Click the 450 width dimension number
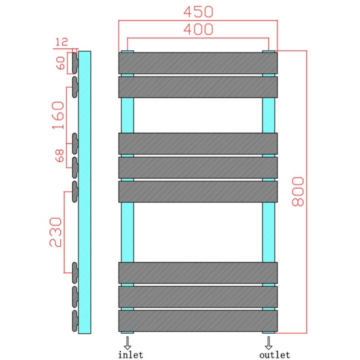pos(198,12)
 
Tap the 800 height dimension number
pos(298,191)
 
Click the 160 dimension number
pos(58,115)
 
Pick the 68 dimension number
pos(59,156)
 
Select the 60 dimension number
pos(61,64)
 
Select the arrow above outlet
pos(268,342)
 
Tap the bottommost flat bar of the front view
pos(198,320)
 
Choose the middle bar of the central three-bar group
pos(198,167)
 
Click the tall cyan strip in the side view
pos(84,191)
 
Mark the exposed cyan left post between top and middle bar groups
pos(127,115)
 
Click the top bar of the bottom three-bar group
pos(198,272)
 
